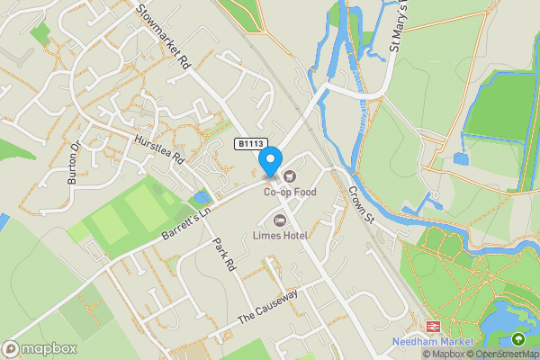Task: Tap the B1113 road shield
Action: [x=252, y=144]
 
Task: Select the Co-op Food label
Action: [x=290, y=192]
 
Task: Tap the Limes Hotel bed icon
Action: [x=280, y=220]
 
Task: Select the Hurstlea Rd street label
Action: [x=158, y=149]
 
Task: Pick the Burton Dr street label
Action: [x=75, y=163]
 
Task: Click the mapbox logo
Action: [x=40, y=348]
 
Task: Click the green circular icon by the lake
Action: [x=517, y=339]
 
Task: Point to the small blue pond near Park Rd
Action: [x=201, y=197]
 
